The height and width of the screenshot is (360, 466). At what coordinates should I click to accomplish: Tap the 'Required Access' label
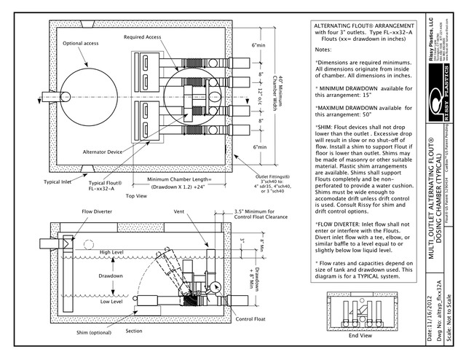point(143,36)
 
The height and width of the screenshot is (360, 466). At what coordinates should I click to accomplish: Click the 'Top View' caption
point(136,196)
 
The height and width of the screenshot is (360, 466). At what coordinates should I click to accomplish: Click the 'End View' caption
point(360,336)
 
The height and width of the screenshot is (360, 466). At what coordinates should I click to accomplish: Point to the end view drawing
point(360,313)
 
